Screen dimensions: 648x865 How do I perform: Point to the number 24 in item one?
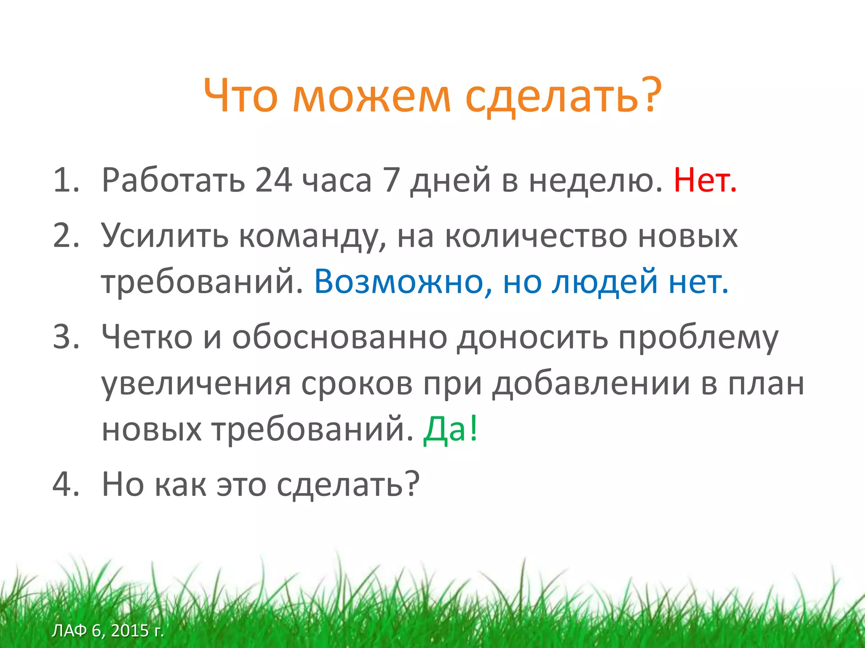[273, 181]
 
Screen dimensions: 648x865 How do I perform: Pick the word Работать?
[173, 181]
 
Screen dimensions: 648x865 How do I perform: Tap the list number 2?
[66, 235]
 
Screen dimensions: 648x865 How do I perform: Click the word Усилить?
[165, 235]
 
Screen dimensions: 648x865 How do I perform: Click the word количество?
[536, 235]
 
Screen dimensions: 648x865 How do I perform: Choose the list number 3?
[66, 337]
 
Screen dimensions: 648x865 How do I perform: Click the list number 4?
[66, 484]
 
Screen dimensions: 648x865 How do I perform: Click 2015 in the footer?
[130, 630]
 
